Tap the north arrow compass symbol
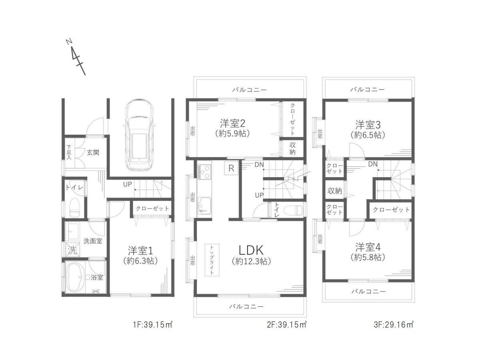tap(76, 57)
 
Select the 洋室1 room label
tap(140, 251)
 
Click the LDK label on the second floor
tap(251, 250)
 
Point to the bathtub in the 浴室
tap(75, 277)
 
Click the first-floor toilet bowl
tap(74, 208)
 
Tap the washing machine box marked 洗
tap(73, 250)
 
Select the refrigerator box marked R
tap(231, 168)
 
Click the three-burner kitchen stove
tap(204, 172)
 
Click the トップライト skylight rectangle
tap(212, 260)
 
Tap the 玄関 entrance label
tap(93, 152)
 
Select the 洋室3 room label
tap(368, 125)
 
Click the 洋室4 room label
tap(368, 247)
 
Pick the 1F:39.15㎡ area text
tap(153, 324)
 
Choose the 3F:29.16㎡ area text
tap(394, 324)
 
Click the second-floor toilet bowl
tap(293, 210)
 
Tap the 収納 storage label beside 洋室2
tap(292, 148)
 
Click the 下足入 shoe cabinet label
tap(69, 152)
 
